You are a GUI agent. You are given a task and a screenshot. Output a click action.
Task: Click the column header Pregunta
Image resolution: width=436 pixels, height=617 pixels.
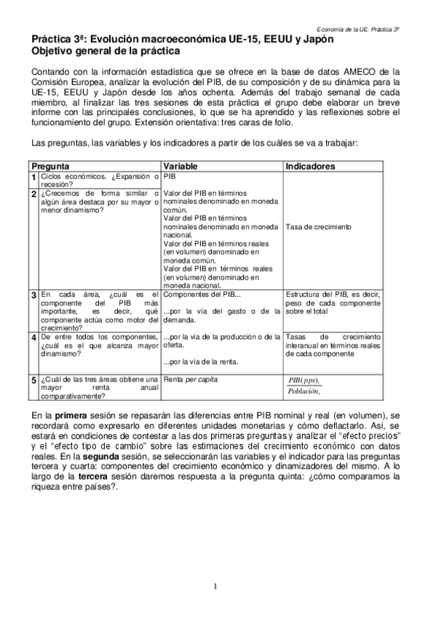[50, 166]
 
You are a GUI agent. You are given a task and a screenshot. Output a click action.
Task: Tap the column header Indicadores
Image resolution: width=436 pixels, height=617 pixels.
[309, 166]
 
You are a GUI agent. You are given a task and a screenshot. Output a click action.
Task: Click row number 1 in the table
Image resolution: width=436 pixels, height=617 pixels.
[34, 177]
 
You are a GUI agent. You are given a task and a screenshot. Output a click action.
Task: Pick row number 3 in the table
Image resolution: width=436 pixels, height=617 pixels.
[34, 295]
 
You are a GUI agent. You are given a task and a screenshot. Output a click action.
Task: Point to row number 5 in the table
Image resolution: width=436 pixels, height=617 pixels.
[34, 380]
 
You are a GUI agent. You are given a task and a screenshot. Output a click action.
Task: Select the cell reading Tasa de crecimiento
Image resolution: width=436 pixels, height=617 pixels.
[319, 226]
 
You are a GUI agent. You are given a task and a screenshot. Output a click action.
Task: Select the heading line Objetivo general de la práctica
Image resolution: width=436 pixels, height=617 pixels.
[106, 52]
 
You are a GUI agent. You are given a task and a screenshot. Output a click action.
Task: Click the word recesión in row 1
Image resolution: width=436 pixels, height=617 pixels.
[58, 184]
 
